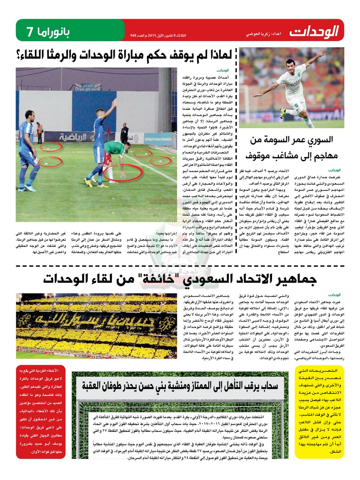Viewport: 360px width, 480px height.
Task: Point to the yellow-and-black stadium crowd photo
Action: [96, 326]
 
